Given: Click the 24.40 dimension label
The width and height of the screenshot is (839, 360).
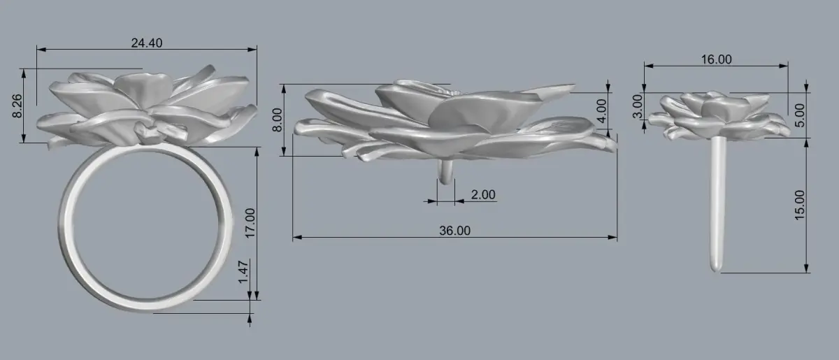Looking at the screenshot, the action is [x=146, y=43].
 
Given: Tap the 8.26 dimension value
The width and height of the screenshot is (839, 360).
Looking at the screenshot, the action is [x=17, y=106].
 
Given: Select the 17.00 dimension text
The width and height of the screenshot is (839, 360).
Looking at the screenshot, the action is [x=250, y=223].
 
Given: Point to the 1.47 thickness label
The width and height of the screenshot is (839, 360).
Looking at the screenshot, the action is [x=243, y=273].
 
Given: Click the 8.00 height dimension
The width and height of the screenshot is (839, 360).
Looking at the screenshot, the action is [x=277, y=120].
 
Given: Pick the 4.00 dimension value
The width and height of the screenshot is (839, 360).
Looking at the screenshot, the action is [x=601, y=111].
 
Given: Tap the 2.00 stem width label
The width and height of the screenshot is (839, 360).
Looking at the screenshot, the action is [x=483, y=195].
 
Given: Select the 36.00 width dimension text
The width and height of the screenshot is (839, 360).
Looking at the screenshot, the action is [x=454, y=231].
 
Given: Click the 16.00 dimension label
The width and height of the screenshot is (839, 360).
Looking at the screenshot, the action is [x=716, y=59].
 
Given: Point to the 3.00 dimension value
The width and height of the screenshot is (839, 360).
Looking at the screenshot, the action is [x=638, y=106].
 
